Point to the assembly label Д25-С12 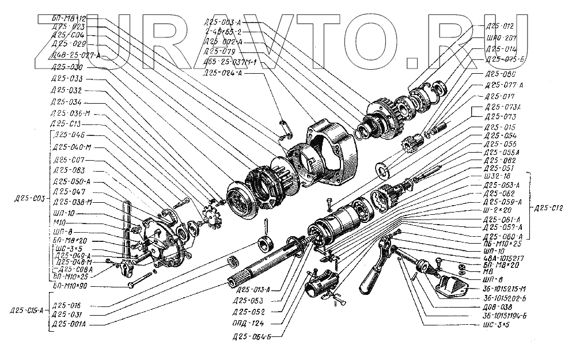552,209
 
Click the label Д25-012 499,26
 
